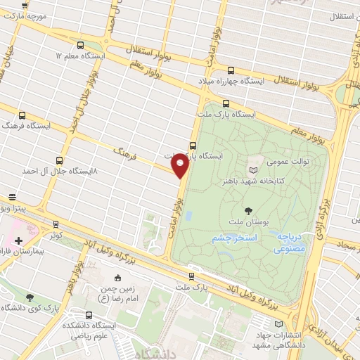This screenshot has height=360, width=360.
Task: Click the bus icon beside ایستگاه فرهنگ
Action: [22, 115]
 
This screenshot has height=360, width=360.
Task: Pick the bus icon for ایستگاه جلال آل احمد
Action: [58, 160]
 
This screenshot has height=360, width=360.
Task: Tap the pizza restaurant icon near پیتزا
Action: [11, 198]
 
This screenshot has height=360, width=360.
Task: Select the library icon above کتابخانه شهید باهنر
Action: [253, 169]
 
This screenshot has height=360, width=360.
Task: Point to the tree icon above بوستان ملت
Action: [248, 210]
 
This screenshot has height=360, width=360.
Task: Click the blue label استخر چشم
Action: [233, 240]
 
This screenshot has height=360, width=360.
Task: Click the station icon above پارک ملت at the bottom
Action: [192, 276]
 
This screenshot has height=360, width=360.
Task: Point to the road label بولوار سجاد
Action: [345, 246]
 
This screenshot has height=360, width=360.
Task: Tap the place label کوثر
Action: [56, 233]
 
